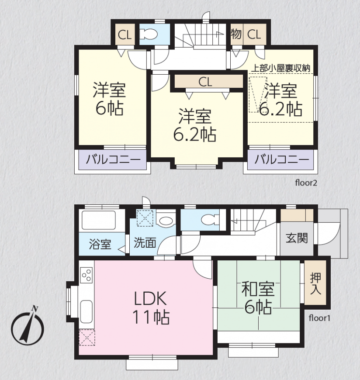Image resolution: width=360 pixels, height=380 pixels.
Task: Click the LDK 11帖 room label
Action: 151,308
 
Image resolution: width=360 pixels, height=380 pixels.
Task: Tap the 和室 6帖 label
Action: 258,298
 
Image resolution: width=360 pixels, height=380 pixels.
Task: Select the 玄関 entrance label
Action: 297,238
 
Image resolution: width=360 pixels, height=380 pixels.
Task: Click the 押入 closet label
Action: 315,284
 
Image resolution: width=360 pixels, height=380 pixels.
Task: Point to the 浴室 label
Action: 100,244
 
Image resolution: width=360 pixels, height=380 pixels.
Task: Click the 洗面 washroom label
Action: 145,242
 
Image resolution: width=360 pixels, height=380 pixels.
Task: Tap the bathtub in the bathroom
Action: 98,220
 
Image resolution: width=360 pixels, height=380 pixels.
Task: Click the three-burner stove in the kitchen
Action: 87,275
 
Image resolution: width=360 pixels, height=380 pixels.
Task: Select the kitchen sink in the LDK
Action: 86,311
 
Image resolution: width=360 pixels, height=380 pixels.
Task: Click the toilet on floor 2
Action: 148,34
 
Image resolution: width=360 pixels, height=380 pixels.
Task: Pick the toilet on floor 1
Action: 210,220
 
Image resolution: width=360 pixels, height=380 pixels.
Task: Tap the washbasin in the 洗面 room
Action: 166,221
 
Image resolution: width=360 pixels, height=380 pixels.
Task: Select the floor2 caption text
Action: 306,183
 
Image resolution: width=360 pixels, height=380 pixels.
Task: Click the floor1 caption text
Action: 319,318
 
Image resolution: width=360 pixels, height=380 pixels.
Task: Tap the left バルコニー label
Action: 113,160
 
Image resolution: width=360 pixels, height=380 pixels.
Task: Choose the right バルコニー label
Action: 282,160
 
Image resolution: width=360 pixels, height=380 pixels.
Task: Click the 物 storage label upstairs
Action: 236,34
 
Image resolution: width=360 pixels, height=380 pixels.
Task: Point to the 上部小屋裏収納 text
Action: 280,68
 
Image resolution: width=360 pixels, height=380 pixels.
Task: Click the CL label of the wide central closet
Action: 205,82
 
